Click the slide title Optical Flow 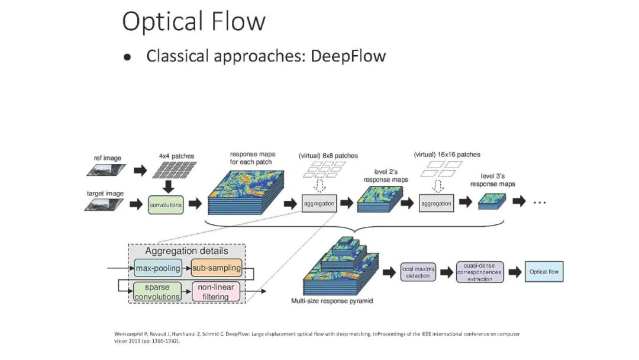[x=193, y=22]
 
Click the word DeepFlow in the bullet [x=348, y=56]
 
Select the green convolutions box [x=165, y=205]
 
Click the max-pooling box [x=158, y=268]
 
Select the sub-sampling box [x=217, y=268]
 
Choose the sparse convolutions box [x=157, y=292]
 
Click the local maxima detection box [x=418, y=272]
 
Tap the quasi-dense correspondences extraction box [x=479, y=272]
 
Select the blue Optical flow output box [x=544, y=272]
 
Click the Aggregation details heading [x=186, y=251]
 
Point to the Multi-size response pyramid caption [x=332, y=301]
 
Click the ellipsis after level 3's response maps [x=539, y=202]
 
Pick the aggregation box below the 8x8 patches [x=319, y=203]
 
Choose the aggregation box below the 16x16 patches [x=436, y=203]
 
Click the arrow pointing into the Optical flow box [x=514, y=272]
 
